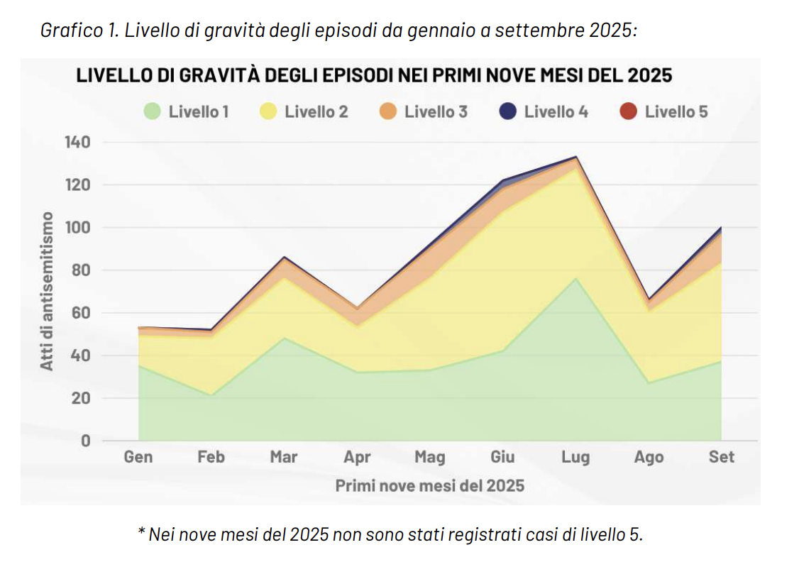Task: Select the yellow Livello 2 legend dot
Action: coord(268,111)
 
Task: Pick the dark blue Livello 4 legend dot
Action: coord(508,111)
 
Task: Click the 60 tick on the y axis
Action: coord(82,313)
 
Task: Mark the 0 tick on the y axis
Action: coord(86,441)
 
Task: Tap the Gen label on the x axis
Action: coord(138,457)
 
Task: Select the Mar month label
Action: coord(284,457)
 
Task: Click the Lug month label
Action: coord(575,457)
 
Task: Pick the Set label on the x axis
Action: coord(722,457)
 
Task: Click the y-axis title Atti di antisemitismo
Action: coord(48,291)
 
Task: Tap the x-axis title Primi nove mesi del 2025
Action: coord(430,486)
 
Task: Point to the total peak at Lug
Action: coord(575,157)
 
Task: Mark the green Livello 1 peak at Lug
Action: coord(575,278)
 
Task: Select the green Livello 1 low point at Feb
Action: coord(211,395)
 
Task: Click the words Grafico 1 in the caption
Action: coord(70,31)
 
